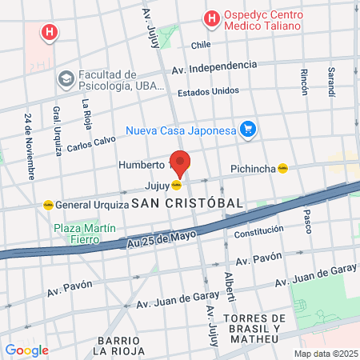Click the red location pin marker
pyautogui.click(x=180, y=163)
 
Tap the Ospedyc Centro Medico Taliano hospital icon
pyautogui.click(x=211, y=18)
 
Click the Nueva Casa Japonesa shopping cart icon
pyautogui.click(x=248, y=129)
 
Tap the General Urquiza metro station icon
pyautogui.click(x=48, y=204)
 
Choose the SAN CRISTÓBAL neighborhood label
pyautogui.click(x=187, y=203)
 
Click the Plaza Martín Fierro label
pyautogui.click(x=85, y=235)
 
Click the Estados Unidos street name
pyautogui.click(x=208, y=90)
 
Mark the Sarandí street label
pyautogui.click(x=330, y=82)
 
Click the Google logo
pyautogui.click(x=26, y=350)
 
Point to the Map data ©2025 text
pyautogui.click(x=323, y=354)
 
